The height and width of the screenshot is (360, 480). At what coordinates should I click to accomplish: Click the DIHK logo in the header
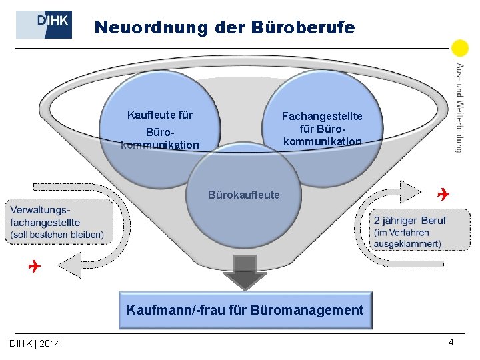click(x=44, y=25)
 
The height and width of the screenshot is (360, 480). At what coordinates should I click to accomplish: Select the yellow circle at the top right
click(x=460, y=49)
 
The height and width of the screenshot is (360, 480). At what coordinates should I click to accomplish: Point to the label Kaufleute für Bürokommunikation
click(x=160, y=129)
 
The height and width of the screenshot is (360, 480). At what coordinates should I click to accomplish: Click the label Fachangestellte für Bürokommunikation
click(x=323, y=129)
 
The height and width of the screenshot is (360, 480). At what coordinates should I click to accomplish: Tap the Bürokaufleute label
click(x=244, y=195)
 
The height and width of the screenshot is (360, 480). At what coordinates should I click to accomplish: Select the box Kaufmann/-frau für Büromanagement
click(x=245, y=310)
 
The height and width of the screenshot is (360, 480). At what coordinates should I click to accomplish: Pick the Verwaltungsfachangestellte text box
click(x=58, y=222)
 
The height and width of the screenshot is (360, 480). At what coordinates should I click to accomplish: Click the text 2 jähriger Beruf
click(x=410, y=220)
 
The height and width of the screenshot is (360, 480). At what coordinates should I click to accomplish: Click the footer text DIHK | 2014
click(x=35, y=343)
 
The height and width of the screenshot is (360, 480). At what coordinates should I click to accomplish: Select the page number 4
click(x=451, y=342)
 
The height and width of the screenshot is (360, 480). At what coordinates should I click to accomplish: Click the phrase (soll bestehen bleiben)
click(x=57, y=235)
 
